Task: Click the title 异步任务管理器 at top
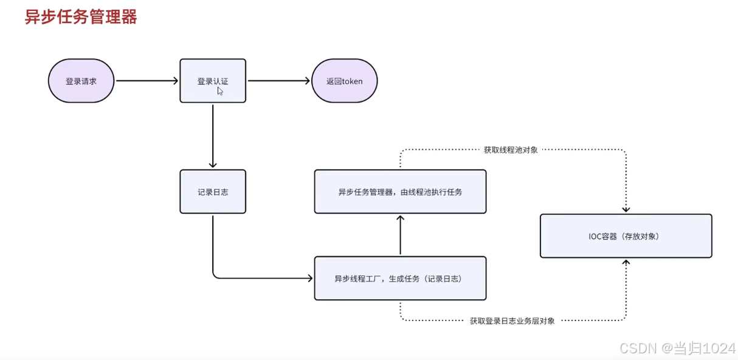tap(81, 17)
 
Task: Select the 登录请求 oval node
tap(81, 81)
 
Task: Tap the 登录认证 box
tap(213, 81)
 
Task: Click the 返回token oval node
tap(344, 81)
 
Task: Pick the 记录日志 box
tap(213, 192)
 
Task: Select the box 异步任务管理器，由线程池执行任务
tap(400, 192)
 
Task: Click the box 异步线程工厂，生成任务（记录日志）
tap(400, 279)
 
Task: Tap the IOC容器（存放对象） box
tap(626, 236)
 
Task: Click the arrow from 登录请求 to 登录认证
tap(147, 80)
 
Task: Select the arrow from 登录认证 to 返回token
tap(278, 80)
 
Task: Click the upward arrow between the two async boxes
tap(400, 235)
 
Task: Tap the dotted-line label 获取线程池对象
tap(511, 150)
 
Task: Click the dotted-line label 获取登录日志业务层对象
tap(512, 320)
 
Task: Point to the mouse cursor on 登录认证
tap(220, 91)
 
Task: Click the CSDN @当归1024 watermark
tap(677, 348)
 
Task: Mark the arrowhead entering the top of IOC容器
tap(626, 210)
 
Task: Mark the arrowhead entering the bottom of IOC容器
tap(626, 262)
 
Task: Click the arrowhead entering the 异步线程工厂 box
tap(309, 279)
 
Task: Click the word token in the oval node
tap(352, 81)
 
